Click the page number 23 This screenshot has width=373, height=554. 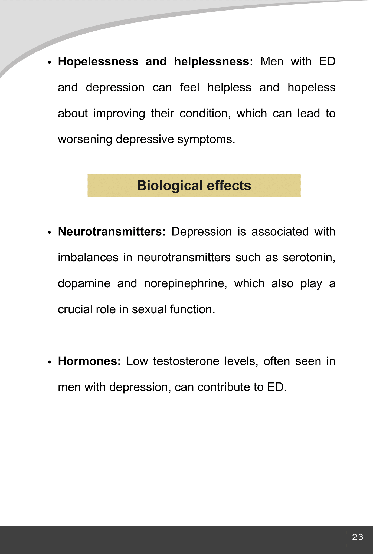tap(357, 537)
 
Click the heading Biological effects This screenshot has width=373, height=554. tap(194, 186)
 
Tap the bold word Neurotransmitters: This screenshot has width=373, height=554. tap(112, 232)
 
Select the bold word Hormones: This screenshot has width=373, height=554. tap(89, 361)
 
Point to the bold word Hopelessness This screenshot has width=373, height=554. tap(98, 61)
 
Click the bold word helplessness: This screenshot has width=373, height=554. tap(214, 61)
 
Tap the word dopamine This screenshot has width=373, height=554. tap(84, 283)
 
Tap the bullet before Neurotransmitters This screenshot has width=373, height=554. tap(49, 233)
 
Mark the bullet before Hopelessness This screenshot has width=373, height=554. tap(49, 62)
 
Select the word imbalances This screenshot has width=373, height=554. tap(88, 257)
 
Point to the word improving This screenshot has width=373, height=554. tap(119, 113)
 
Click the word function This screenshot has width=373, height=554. tap(192, 309)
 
